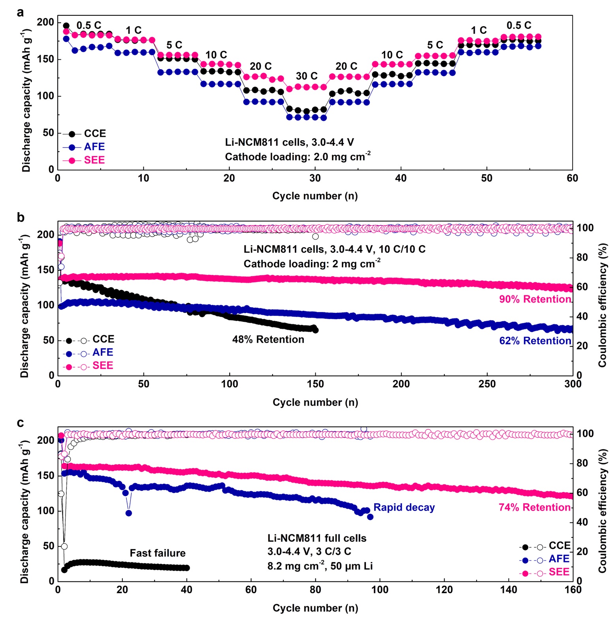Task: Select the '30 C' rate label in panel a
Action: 307,76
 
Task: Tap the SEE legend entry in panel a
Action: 94,160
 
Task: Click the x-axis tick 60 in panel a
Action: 572,179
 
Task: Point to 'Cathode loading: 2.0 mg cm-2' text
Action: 298,157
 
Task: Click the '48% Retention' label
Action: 268,340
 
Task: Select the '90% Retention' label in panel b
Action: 535,299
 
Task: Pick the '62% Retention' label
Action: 535,341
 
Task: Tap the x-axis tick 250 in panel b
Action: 487,384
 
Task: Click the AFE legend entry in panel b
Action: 102,353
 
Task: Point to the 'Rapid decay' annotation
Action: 404,507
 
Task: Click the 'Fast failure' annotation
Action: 157,553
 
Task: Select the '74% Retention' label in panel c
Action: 534,507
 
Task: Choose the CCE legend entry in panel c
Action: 559,546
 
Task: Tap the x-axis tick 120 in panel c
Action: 444,590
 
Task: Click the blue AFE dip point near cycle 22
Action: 128,513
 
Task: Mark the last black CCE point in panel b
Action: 315,330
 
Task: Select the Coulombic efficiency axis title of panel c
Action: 602,511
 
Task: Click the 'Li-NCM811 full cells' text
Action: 317,538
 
